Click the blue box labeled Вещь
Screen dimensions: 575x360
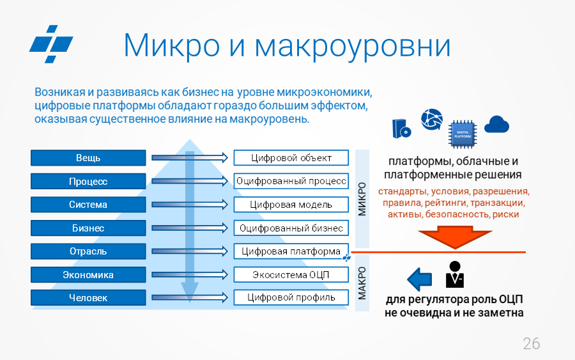(x=88, y=158)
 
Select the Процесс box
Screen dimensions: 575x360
(x=88, y=182)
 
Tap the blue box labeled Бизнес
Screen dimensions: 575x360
(x=88, y=228)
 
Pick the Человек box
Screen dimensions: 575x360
(x=88, y=297)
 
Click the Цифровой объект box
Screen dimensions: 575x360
(x=291, y=158)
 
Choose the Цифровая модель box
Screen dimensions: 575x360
(x=291, y=205)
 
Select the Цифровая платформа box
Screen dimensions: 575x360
(x=291, y=251)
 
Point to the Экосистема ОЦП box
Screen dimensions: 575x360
(x=291, y=274)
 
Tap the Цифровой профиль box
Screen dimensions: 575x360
(x=291, y=297)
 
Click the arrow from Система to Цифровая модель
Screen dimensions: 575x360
(x=190, y=205)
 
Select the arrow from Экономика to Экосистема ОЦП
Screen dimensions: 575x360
(x=190, y=274)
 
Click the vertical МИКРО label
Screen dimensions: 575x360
(x=362, y=199)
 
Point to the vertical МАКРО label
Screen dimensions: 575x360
(x=362, y=283)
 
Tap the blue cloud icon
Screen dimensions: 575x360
(x=496, y=124)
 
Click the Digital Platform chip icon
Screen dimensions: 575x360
(x=463, y=134)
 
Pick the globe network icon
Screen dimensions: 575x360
(x=432, y=120)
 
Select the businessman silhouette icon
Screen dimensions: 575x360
(x=455, y=274)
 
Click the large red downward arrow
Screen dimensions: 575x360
(x=455, y=237)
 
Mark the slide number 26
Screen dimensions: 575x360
(x=532, y=344)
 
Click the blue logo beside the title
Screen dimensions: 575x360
(x=51, y=44)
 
